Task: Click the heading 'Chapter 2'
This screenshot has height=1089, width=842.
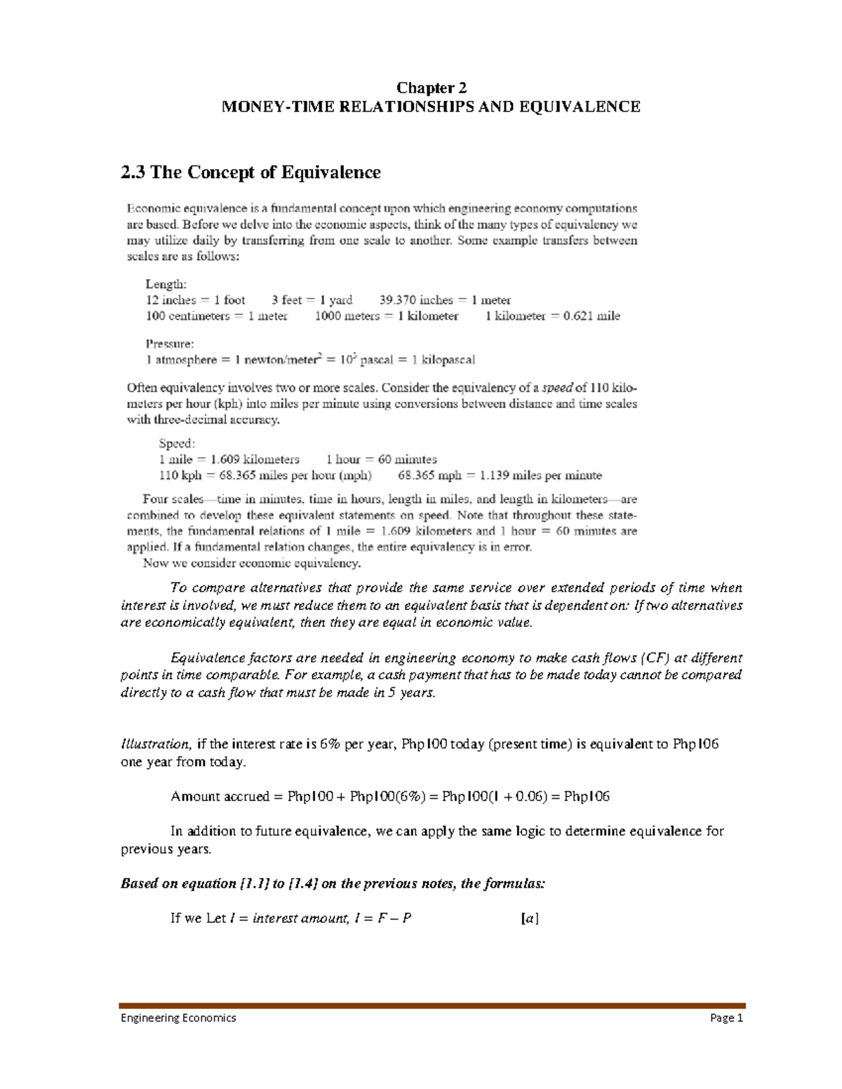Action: coord(431,88)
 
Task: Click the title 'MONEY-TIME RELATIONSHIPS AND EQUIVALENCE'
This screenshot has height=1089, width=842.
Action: coord(431,107)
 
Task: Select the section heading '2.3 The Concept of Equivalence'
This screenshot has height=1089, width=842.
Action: coord(250,173)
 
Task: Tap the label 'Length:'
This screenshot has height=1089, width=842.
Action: coord(166,284)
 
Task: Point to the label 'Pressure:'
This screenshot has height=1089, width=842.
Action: coord(170,344)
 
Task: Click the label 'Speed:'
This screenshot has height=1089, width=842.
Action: coord(177,443)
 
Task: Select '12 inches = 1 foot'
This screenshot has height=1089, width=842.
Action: coord(195,300)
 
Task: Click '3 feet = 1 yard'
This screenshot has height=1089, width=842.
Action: coord(312,300)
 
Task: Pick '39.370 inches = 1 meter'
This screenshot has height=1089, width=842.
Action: coord(445,300)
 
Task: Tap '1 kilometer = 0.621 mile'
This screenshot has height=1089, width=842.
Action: coord(552,316)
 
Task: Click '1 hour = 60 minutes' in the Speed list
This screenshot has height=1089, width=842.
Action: coord(381,459)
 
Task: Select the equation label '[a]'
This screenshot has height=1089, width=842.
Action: coord(530,918)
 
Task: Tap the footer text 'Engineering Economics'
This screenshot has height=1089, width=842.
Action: coord(178,1017)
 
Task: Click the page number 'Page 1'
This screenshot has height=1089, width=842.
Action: coord(726,1017)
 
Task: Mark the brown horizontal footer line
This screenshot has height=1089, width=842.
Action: coord(432,1006)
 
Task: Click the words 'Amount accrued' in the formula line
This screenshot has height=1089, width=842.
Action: coord(220,797)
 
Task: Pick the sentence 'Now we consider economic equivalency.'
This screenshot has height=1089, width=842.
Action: coord(252,563)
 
